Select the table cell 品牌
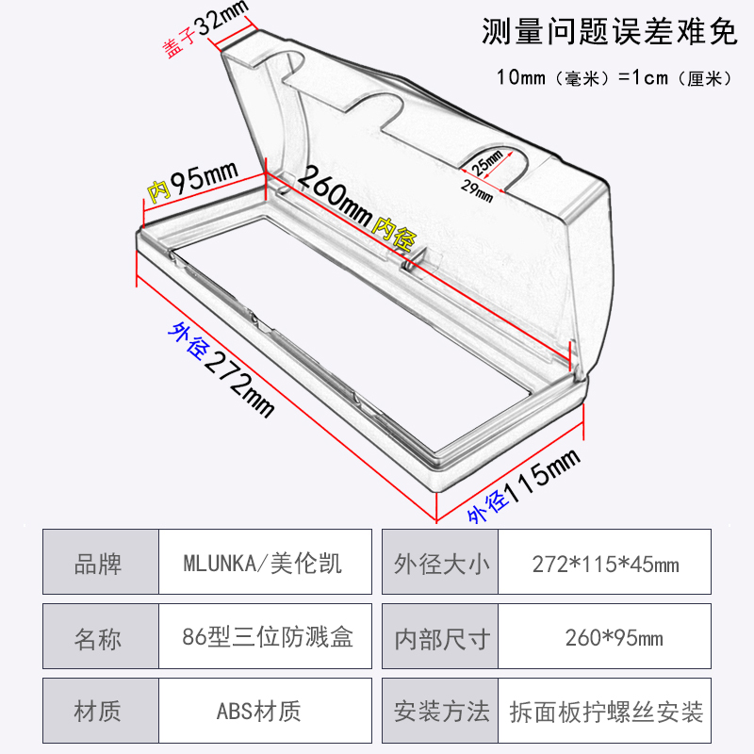click(x=98, y=564)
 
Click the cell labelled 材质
click(x=98, y=710)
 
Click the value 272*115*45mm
click(x=605, y=564)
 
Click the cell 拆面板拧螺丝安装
click(x=605, y=710)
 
